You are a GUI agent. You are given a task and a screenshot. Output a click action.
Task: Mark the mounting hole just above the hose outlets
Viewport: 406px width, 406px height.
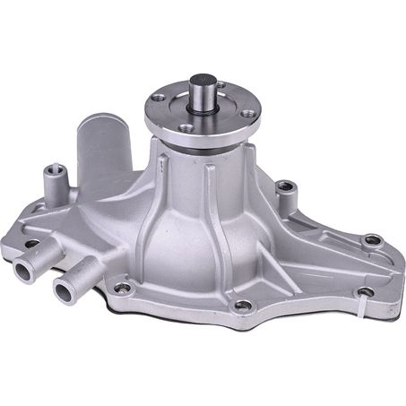click(x=32, y=243)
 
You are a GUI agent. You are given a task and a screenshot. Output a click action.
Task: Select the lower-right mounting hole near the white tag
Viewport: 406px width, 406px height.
click(x=365, y=292)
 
